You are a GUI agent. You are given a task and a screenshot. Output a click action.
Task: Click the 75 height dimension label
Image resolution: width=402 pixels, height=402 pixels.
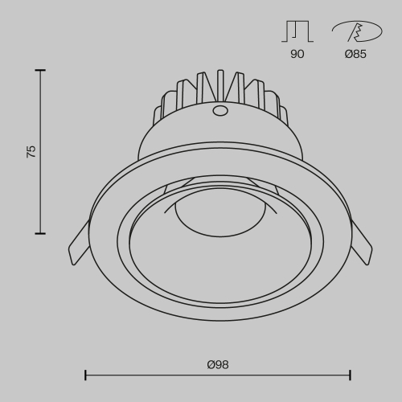click(31, 151)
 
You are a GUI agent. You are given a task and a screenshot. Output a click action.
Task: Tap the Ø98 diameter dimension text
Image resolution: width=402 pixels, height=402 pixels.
click(218, 364)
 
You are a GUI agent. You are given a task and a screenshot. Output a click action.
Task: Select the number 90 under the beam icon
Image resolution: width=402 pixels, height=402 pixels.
click(296, 55)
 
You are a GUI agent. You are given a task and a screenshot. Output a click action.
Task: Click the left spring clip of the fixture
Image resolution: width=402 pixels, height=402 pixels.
click(78, 244)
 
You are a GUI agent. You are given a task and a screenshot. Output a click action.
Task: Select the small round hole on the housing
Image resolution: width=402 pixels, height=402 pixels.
click(219, 113)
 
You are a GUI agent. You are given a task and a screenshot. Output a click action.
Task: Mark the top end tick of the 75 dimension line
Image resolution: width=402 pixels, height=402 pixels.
click(40, 71)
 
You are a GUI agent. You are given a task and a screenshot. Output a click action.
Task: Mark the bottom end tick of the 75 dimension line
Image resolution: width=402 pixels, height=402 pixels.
click(40, 233)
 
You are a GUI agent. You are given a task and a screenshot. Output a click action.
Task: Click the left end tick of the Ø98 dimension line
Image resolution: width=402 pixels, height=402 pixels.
click(85, 374)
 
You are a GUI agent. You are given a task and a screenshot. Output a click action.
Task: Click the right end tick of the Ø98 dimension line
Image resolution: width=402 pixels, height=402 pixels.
click(351, 374)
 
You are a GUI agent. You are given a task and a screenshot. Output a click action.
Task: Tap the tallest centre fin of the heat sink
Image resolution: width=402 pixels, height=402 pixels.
click(219, 85)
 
